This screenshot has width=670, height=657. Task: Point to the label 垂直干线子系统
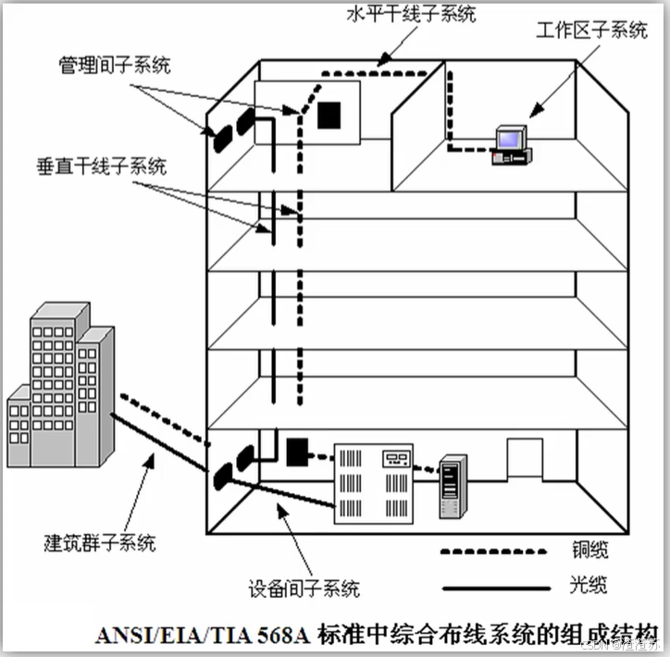(x=102, y=167)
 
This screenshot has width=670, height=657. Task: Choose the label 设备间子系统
(x=304, y=588)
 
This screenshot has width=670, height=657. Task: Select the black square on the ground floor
(x=296, y=452)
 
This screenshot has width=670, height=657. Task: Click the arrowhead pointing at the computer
(x=533, y=114)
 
